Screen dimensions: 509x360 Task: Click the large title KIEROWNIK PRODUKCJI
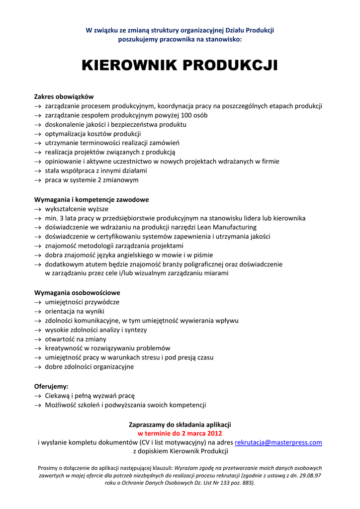click(x=180, y=65)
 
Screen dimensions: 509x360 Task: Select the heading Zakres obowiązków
click(x=64, y=96)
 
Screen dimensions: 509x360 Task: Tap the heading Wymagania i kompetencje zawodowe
click(x=91, y=199)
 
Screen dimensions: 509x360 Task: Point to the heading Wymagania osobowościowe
click(x=77, y=292)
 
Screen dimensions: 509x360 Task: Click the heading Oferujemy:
click(x=51, y=386)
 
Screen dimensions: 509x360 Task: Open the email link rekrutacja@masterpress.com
click(x=278, y=442)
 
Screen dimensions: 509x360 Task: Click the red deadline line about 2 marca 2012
click(x=180, y=433)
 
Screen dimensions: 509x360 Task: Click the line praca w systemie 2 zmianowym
click(x=91, y=180)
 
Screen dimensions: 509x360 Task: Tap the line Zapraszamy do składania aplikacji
click(x=180, y=424)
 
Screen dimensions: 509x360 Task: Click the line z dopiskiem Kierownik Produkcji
click(x=180, y=451)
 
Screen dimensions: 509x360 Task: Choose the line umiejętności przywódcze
click(x=82, y=302)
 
